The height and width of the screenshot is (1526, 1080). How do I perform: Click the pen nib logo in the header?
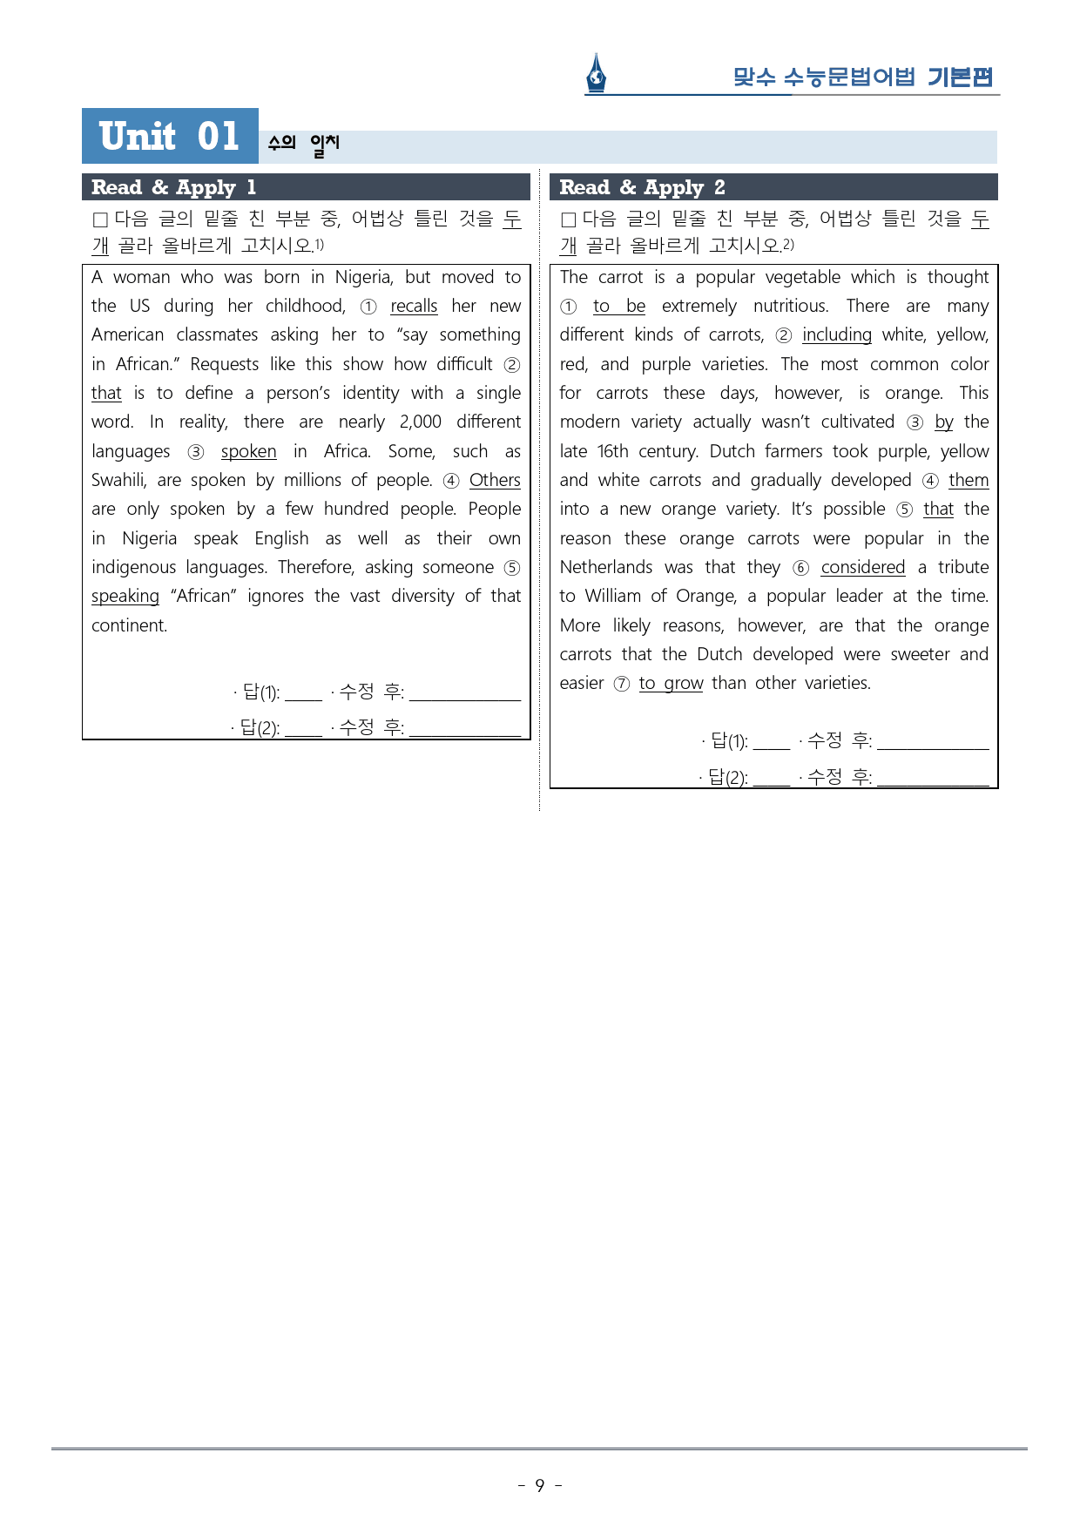coord(596,73)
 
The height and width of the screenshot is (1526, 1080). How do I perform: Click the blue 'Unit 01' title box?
coord(170,136)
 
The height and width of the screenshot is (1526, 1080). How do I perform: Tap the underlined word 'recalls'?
coord(414,306)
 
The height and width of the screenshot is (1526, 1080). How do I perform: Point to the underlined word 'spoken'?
coord(248,451)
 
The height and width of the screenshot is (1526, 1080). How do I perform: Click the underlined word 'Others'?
coord(495,480)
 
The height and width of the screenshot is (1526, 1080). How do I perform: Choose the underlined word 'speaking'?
coord(125,596)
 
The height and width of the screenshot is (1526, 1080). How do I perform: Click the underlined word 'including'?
coord(836,334)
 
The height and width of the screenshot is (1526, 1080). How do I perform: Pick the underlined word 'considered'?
coord(862,567)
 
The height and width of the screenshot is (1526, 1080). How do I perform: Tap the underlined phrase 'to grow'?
coord(671,683)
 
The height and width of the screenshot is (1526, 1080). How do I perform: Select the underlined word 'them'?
coord(969,480)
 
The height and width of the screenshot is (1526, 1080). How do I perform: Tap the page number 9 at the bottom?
coord(540,1485)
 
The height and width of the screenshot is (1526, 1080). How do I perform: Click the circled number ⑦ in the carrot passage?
coord(622,684)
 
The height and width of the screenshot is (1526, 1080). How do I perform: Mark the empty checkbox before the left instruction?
coord(100,219)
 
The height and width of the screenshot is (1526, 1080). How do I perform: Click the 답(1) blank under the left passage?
coord(303,694)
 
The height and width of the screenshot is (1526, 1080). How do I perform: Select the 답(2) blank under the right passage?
coord(772,778)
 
